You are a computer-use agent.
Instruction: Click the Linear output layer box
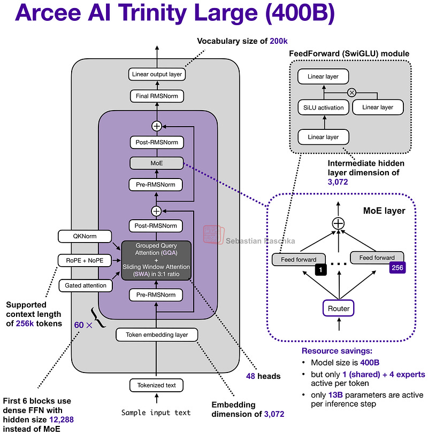156,74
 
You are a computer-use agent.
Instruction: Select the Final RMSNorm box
156,96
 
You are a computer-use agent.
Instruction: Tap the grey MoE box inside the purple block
156,162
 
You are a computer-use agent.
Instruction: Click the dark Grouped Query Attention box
156,260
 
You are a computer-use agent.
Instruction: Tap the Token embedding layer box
156,335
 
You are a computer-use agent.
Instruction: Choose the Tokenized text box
156,385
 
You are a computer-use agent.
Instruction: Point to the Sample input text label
156,413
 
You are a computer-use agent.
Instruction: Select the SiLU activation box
323,107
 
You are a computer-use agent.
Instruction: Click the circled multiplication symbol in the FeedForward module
351,92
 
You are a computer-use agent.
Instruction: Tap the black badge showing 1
320,270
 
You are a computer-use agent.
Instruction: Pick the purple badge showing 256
396,268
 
